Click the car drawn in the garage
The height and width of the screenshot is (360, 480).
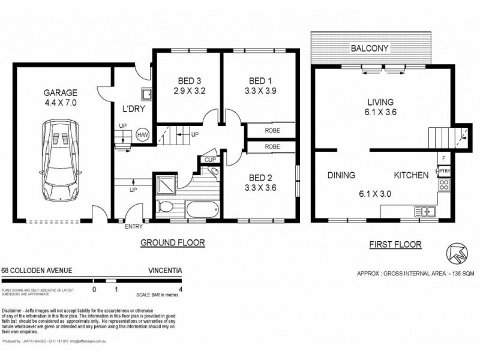click(x=59, y=160)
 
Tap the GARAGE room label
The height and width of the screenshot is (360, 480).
click(x=60, y=93)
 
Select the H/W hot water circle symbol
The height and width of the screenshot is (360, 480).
click(x=143, y=135)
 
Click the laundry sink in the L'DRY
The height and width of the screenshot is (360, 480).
click(x=146, y=94)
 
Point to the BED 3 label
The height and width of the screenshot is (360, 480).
click(x=190, y=82)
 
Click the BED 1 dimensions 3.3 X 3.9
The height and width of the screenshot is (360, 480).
click(x=260, y=92)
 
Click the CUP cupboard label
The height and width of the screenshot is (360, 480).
click(x=209, y=160)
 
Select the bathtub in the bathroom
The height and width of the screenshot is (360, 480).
click(x=202, y=210)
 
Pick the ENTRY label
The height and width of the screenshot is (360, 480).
click(x=134, y=227)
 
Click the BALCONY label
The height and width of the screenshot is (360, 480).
click(x=371, y=47)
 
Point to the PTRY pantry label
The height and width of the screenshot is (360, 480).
click(x=444, y=171)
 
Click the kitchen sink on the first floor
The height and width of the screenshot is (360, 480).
click(x=428, y=211)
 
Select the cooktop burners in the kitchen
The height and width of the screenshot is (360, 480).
click(x=444, y=185)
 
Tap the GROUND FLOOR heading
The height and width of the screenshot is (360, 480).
click(x=173, y=243)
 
